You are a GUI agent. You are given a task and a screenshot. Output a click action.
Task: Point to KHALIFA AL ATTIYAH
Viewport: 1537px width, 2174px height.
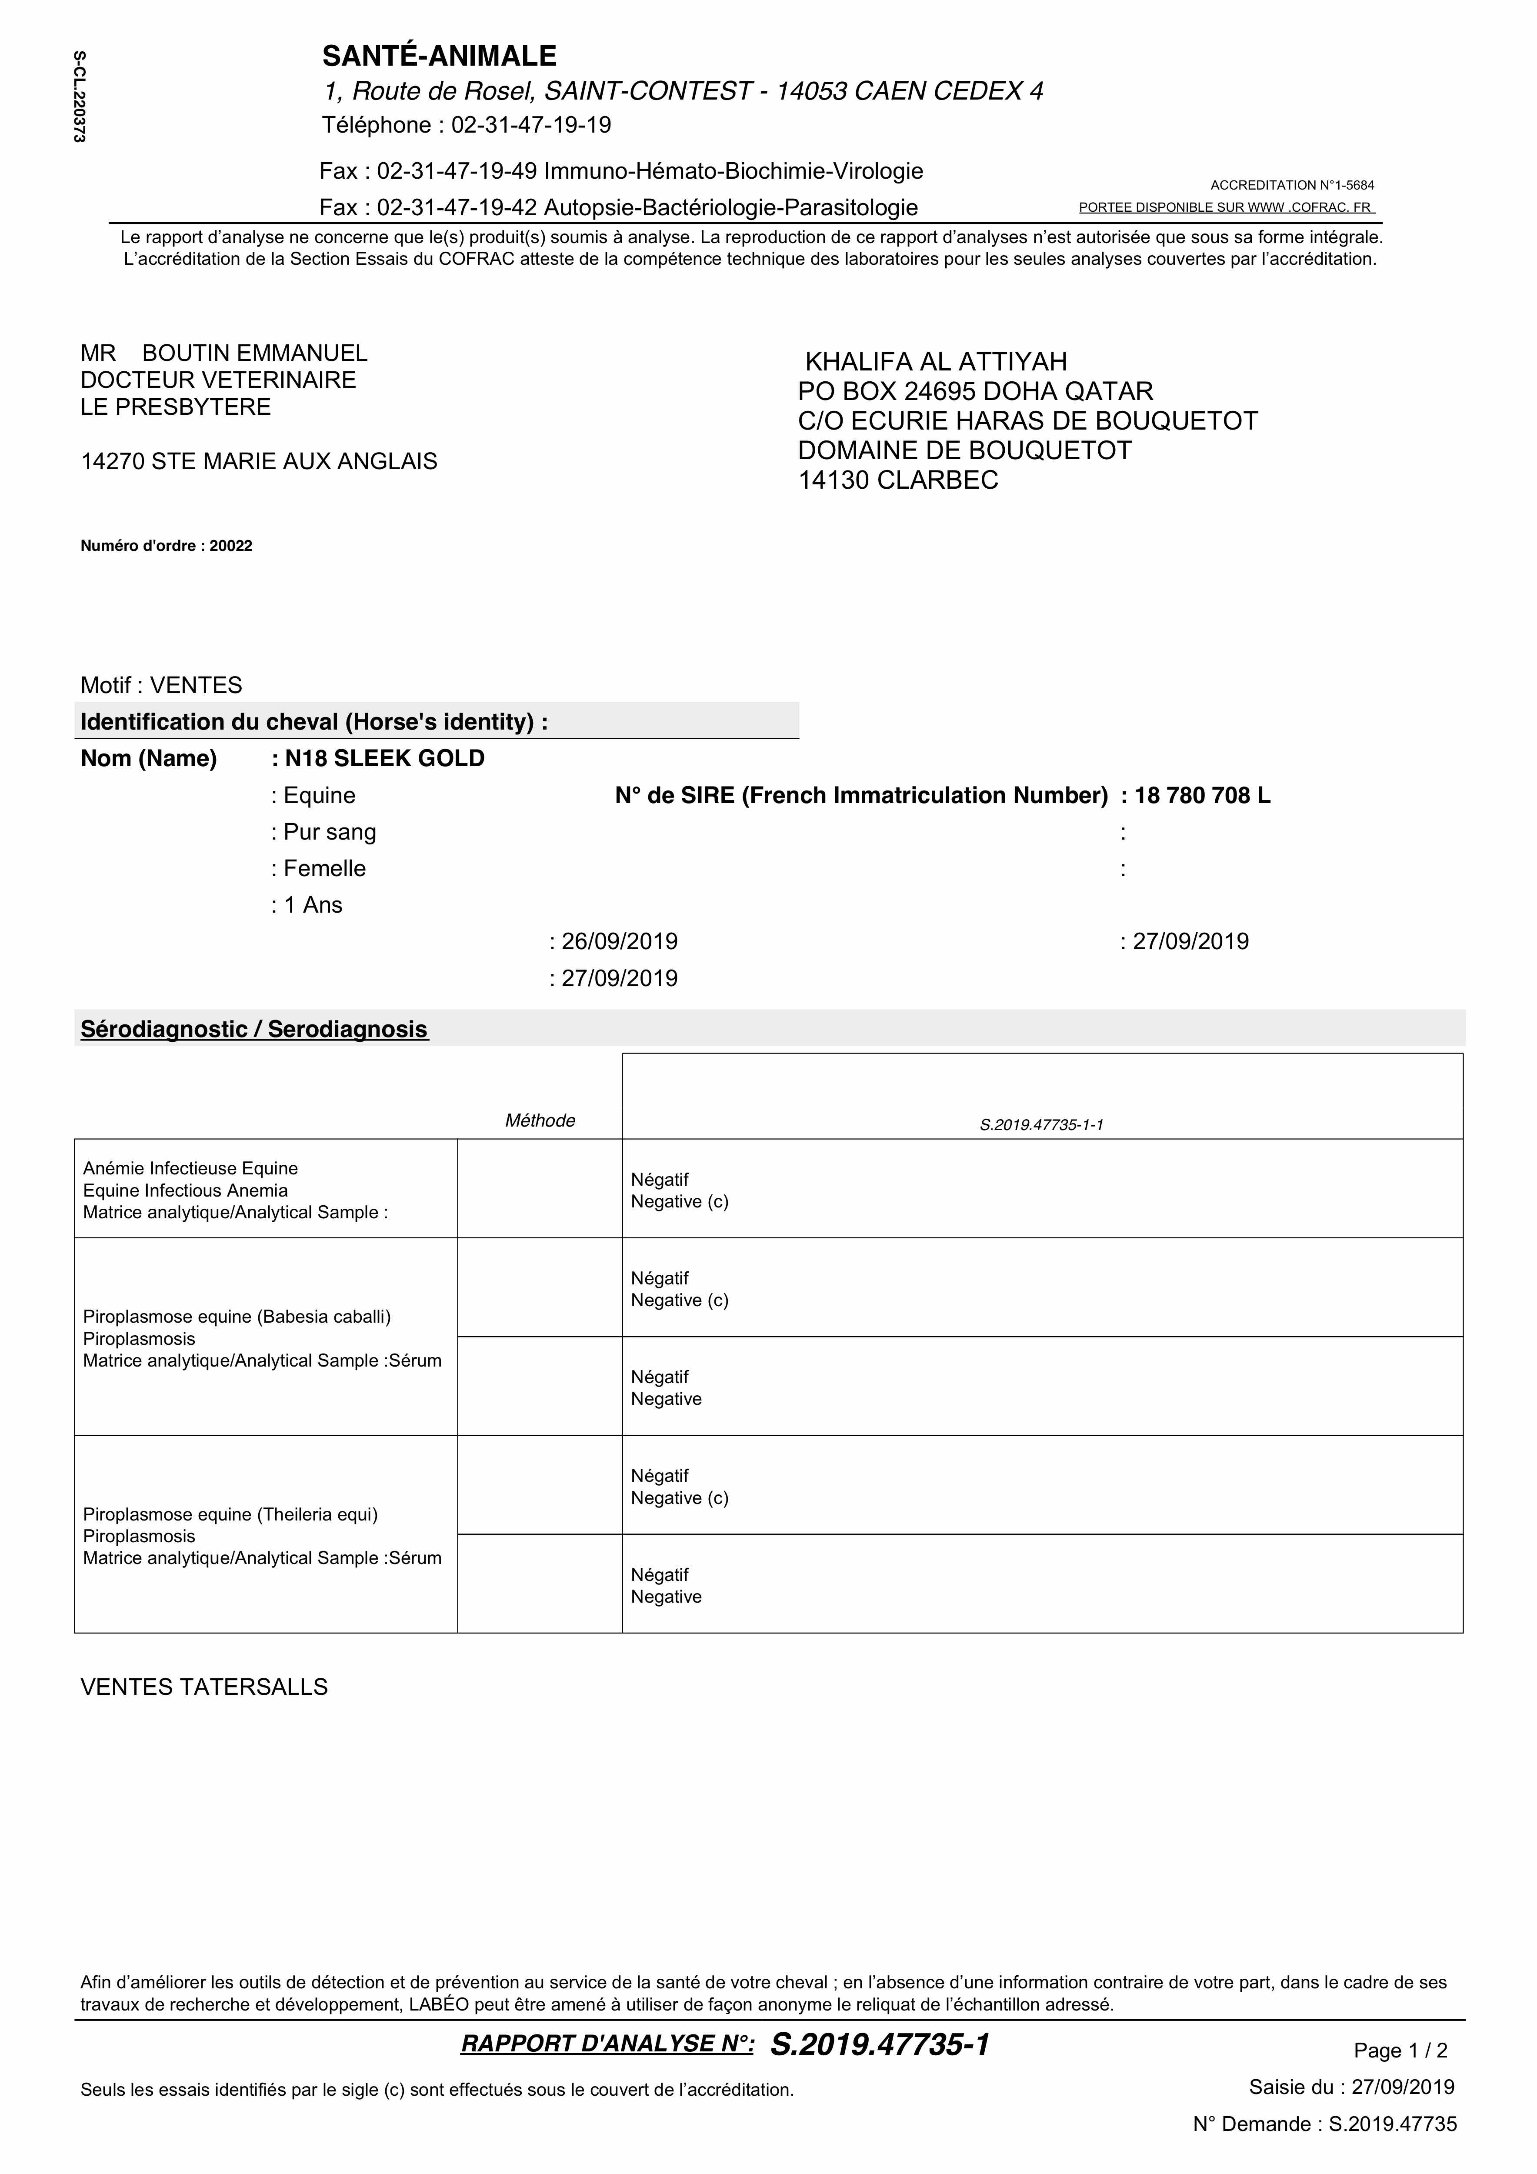[936, 362]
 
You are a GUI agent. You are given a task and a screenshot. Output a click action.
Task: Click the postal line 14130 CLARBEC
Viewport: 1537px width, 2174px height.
[898, 480]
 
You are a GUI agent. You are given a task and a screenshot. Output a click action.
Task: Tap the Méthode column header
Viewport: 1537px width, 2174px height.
[540, 1121]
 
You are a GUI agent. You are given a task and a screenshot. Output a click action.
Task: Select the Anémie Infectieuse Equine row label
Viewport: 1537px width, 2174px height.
[190, 1168]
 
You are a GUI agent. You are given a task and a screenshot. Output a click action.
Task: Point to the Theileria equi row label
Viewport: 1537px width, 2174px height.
[230, 1514]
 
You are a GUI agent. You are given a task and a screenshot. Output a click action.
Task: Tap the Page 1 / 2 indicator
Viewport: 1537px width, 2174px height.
[1400, 2051]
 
